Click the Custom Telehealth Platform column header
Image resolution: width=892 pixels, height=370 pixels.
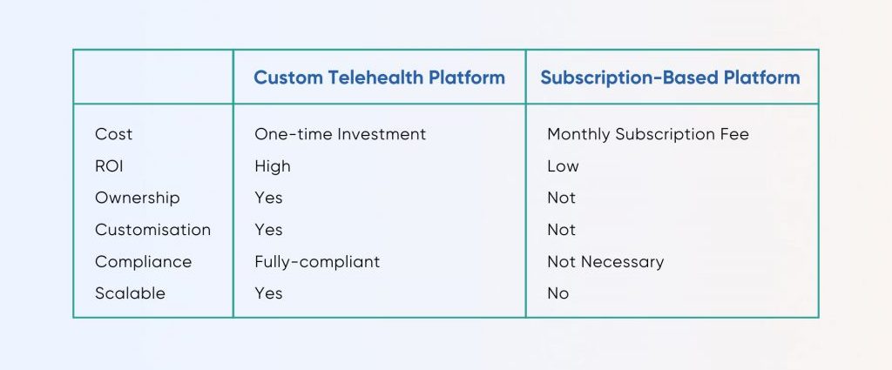click(x=380, y=77)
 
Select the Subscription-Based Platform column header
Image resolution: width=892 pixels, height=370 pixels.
click(x=670, y=77)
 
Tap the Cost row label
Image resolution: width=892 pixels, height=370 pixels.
click(x=114, y=134)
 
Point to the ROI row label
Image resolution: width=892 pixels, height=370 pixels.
click(x=109, y=166)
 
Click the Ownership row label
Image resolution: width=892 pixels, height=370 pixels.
click(x=137, y=198)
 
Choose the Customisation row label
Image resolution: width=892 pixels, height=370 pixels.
click(x=153, y=230)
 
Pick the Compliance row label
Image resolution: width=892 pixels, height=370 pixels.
click(x=144, y=261)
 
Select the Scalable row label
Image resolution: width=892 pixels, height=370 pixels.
click(x=131, y=293)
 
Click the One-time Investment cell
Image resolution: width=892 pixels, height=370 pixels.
click(x=341, y=134)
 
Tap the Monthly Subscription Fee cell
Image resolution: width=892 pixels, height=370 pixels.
click(x=648, y=134)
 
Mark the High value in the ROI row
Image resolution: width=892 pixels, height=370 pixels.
click(x=273, y=166)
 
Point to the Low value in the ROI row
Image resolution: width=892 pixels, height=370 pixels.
click(x=564, y=166)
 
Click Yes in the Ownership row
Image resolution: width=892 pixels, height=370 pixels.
click(x=268, y=198)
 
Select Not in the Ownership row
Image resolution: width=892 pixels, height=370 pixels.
click(x=562, y=198)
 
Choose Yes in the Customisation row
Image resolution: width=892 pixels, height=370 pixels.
click(x=268, y=230)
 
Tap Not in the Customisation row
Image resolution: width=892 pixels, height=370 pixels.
click(x=562, y=230)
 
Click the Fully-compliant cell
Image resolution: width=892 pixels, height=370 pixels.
click(x=317, y=261)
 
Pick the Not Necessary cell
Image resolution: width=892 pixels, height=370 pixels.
click(x=605, y=261)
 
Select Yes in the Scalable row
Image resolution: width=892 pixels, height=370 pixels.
click(x=268, y=293)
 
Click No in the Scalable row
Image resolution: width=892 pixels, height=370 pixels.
click(x=558, y=293)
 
